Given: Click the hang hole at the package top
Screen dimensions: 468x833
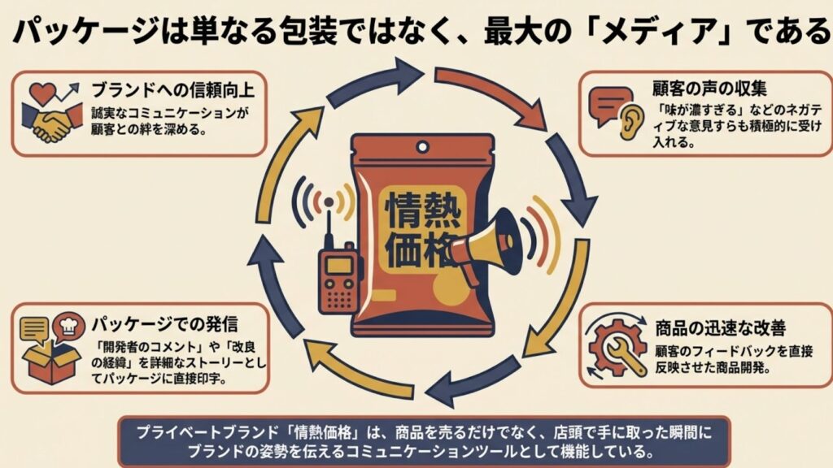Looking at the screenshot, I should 421,147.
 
